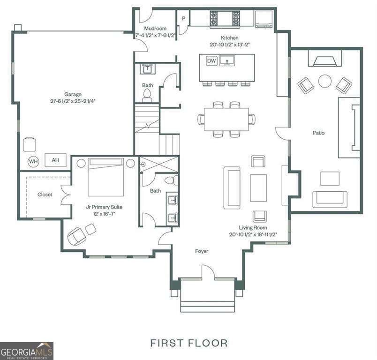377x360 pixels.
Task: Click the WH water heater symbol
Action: pos(33,161)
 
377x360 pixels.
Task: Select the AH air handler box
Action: pos(55,160)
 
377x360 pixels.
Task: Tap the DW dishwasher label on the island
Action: pos(211,61)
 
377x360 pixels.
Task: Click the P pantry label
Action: pos(184,19)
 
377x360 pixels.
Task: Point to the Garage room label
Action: pos(73,94)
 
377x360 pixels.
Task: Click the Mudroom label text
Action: pos(155,29)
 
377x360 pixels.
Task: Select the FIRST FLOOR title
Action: pos(189,343)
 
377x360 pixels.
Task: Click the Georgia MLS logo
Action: pos(27,351)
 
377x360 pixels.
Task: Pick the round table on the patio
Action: pos(325,81)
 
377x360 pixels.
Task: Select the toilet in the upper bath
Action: pos(148,96)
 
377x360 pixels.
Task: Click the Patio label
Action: pos(319,133)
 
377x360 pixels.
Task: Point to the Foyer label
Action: pos(202,251)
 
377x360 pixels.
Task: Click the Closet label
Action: pos(45,195)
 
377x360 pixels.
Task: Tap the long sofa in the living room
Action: pos(232,187)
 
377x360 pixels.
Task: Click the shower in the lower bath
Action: pos(159,165)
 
